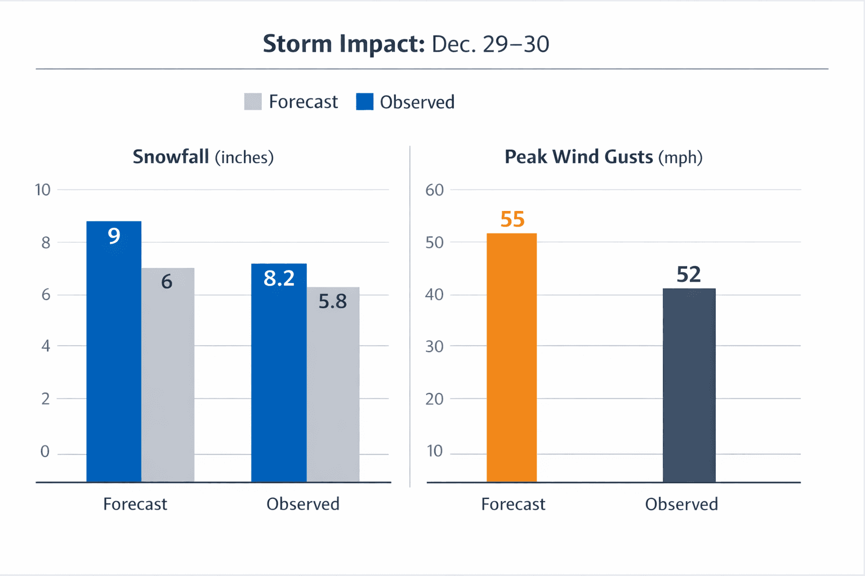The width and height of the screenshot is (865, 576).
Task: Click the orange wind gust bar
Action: [511, 360]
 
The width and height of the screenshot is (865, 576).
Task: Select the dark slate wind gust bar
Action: [689, 388]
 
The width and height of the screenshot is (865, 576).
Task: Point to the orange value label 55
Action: [512, 219]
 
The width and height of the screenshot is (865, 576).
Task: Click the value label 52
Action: [689, 274]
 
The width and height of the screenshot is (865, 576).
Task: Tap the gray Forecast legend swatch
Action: [253, 102]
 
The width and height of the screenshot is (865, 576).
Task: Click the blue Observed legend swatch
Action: [364, 102]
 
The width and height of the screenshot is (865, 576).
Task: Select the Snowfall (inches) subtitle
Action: [203, 157]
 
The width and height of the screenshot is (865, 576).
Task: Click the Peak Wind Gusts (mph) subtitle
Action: [603, 157]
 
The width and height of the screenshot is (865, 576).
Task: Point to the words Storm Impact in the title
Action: [344, 44]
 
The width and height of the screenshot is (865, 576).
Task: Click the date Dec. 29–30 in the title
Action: [490, 44]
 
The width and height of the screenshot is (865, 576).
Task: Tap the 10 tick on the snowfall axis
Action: [43, 190]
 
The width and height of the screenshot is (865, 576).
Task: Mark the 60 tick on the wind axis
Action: [434, 190]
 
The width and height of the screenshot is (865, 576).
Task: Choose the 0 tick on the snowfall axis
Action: [45, 452]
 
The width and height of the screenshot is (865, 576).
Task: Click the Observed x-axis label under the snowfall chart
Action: [303, 504]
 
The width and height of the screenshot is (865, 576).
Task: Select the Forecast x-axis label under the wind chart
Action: [513, 504]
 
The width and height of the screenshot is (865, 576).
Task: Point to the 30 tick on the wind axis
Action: [434, 346]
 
